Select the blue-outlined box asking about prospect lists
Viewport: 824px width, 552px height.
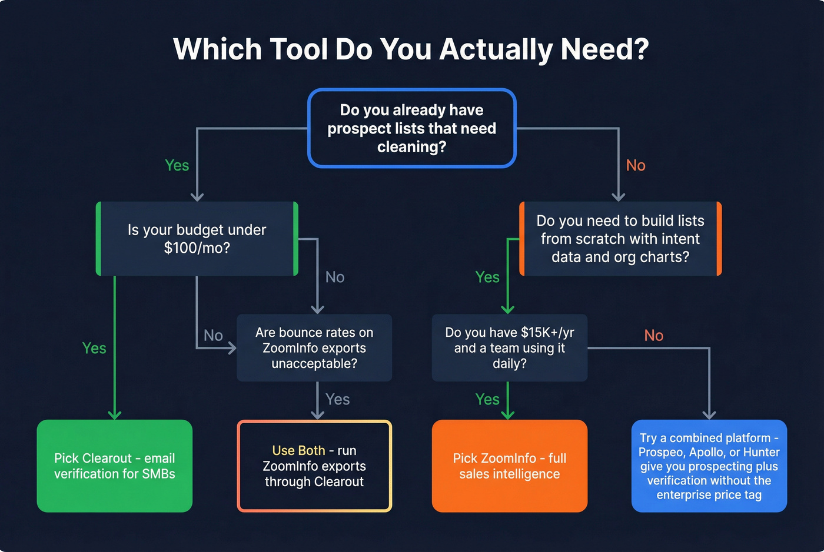pos(411,128)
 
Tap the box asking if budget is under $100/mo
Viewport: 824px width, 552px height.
pos(197,239)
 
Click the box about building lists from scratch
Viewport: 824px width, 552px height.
pos(620,239)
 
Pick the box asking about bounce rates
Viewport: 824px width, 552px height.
pos(314,348)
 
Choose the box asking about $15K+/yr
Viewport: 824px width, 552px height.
pos(510,348)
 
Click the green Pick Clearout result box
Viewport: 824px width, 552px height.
pos(115,466)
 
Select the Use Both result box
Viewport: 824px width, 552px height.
pos(314,466)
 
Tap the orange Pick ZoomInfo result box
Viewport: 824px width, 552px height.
pos(510,466)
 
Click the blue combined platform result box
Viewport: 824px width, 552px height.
pos(709,466)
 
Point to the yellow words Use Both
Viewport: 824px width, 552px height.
pos(298,450)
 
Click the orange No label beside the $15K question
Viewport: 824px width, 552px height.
pos(653,336)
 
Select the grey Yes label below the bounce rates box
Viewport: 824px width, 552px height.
pos(337,400)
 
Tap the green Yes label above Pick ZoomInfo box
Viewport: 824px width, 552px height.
pos(487,400)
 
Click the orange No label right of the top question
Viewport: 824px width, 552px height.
pos(636,166)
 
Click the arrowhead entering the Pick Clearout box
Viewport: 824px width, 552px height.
pos(115,414)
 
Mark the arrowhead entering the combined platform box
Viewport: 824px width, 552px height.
pos(709,414)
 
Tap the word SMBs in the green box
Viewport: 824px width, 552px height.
pos(159,474)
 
